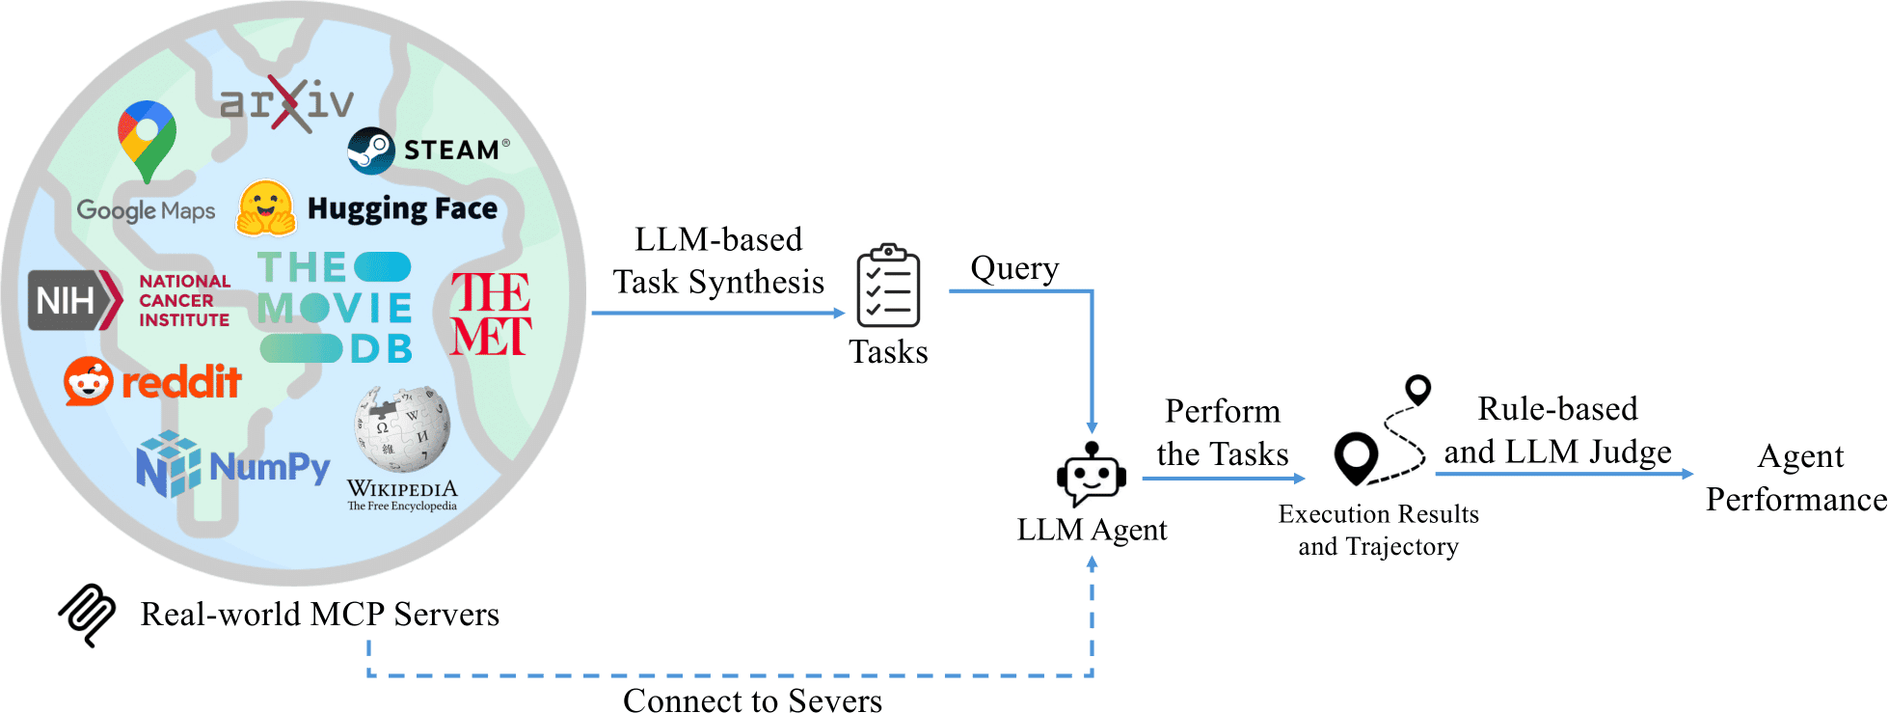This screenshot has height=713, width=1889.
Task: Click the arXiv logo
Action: [286, 102]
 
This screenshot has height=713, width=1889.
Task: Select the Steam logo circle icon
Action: [371, 151]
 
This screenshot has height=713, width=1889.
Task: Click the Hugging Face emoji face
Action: [266, 208]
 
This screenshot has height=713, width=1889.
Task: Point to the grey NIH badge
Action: [73, 300]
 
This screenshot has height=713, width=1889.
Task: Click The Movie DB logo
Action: [336, 308]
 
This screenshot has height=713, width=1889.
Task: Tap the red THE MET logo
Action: [490, 315]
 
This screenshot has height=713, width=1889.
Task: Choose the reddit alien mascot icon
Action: [89, 382]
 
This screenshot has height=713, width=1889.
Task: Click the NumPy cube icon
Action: [168, 464]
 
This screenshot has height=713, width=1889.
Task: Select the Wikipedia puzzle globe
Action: [402, 428]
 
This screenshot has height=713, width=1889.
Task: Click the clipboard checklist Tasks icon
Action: [888, 287]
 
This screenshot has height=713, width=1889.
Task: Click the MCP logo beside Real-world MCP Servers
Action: [88, 615]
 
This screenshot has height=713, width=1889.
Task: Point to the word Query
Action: [1014, 268]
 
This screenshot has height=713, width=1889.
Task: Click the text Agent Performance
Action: [1796, 478]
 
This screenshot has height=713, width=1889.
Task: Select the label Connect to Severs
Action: [752, 699]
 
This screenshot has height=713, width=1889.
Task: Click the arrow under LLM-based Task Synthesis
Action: [717, 313]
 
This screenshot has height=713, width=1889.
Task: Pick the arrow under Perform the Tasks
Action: [1223, 478]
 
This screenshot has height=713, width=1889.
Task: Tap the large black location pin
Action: [1356, 457]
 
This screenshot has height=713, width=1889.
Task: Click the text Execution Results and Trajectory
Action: [1378, 530]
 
